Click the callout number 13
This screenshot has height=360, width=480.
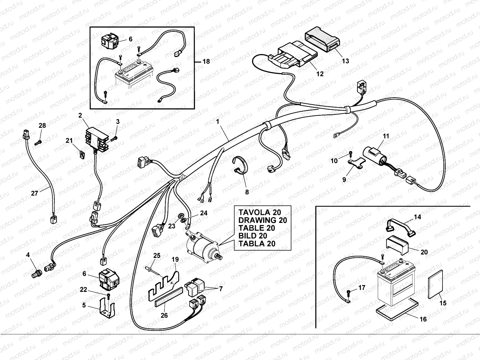point(345,61)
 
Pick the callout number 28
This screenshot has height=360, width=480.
point(42,125)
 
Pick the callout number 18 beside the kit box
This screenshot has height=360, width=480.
point(206,61)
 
